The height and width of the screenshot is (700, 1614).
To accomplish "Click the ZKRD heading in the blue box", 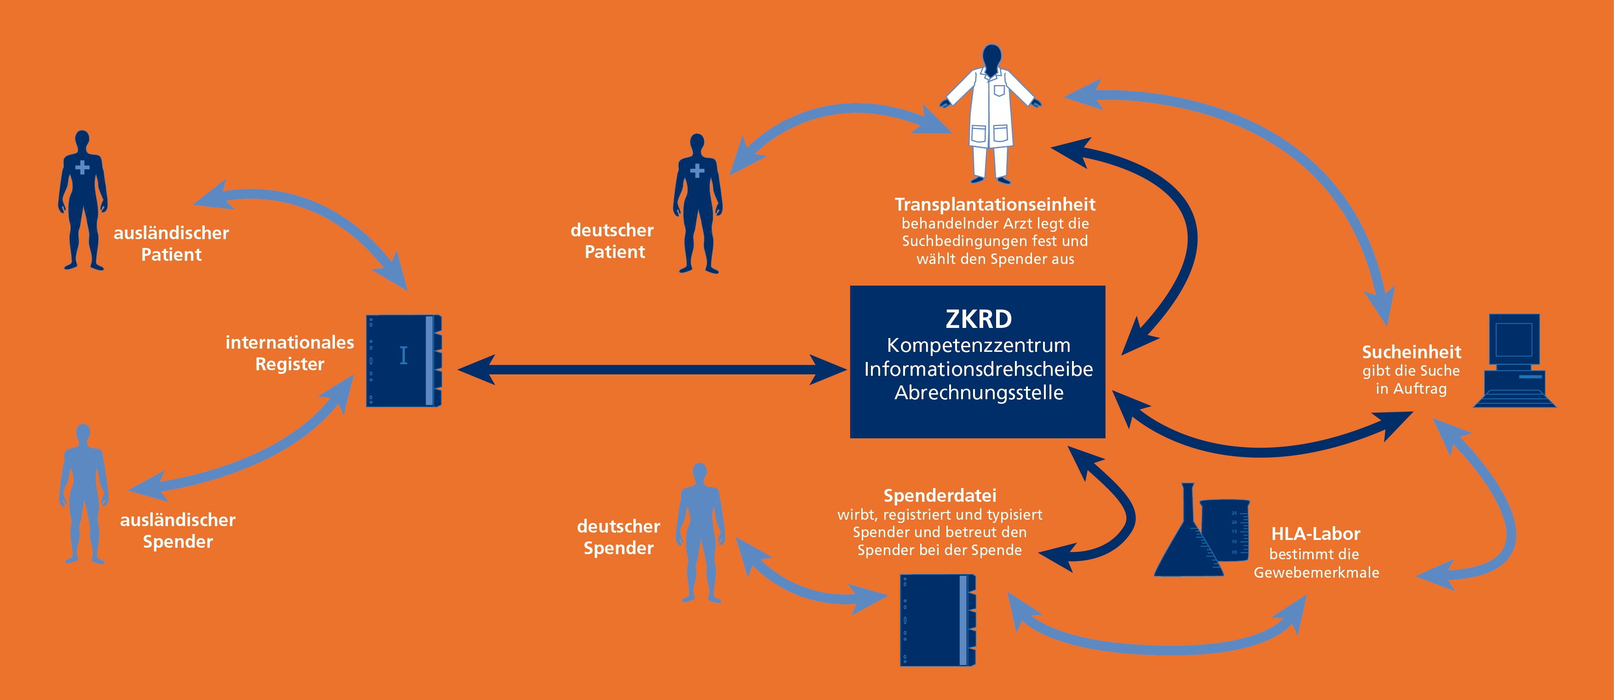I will (978, 319).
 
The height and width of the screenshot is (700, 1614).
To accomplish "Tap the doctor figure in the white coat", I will (991, 113).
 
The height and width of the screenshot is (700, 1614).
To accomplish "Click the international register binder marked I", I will (403, 360).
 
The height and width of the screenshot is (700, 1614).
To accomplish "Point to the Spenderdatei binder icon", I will (937, 620).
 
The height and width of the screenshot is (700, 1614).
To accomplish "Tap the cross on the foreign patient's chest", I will (82, 166).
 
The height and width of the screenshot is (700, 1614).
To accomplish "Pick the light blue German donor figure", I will (700, 532).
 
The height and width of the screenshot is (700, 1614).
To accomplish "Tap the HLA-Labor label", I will (1315, 534).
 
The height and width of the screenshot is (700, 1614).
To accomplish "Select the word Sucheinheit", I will (1411, 352).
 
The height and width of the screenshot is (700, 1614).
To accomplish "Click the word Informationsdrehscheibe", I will (978, 369).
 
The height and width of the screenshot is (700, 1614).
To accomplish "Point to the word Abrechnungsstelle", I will (978, 393).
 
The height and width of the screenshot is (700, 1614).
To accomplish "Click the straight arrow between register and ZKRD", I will (651, 369).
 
